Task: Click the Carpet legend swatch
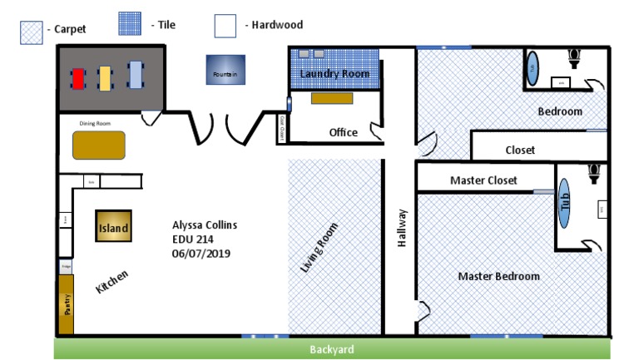32,32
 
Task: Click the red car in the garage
78,78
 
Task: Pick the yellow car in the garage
106,77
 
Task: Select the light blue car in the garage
135,76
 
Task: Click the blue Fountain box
225,70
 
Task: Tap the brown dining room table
99,145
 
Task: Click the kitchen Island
113,227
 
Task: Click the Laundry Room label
334,74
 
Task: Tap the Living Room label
319,248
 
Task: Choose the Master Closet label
483,180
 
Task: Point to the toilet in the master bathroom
593,174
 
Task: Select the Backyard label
332,349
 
